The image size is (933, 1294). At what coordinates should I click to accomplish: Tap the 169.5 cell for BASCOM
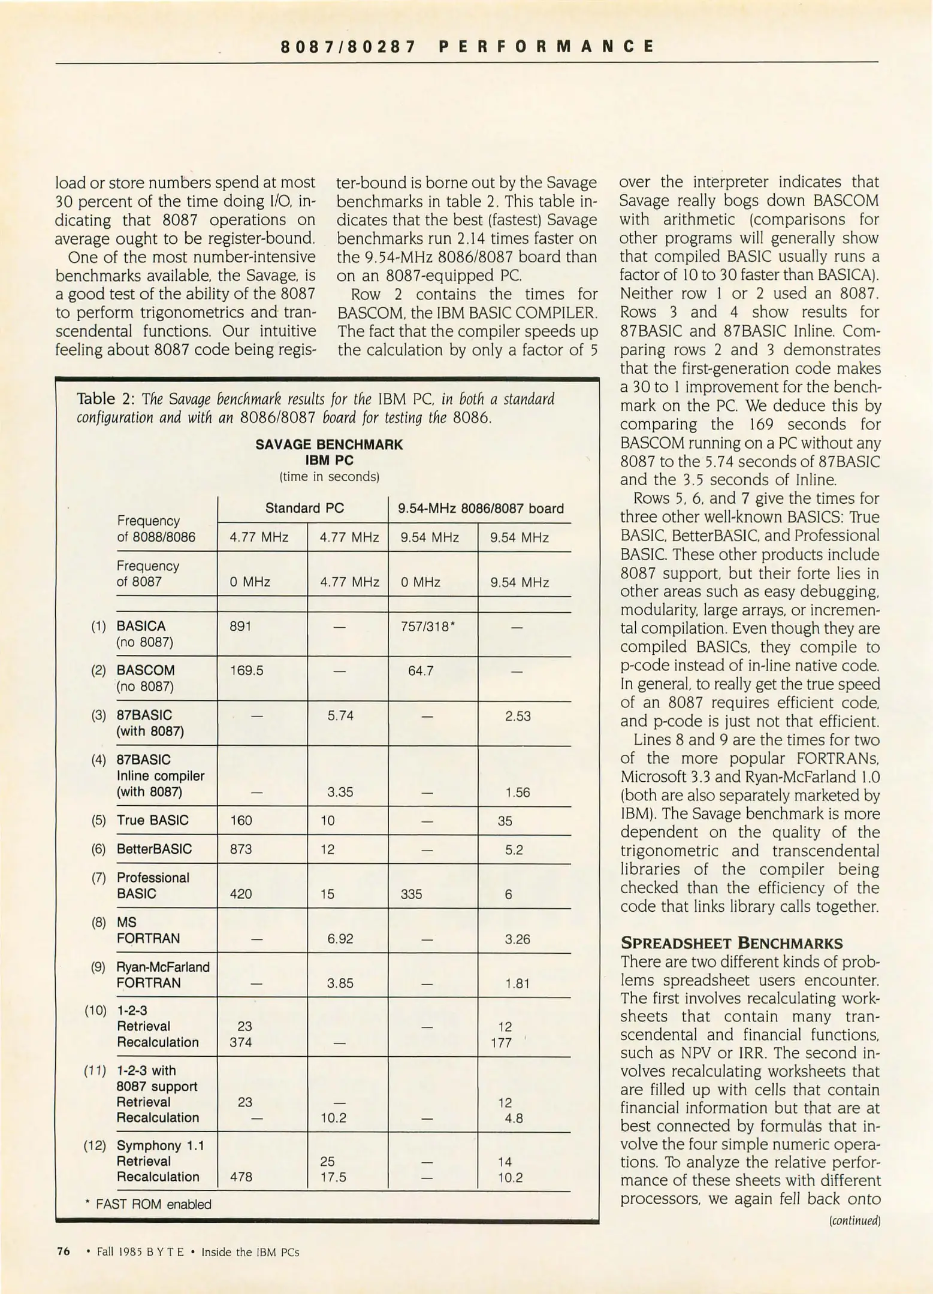pyautogui.click(x=246, y=670)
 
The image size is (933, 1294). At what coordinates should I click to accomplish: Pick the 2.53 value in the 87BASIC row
pyautogui.click(x=517, y=716)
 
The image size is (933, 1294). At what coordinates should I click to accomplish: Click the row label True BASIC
pyautogui.click(x=152, y=820)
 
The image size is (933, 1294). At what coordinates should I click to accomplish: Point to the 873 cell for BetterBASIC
pyautogui.click(x=241, y=849)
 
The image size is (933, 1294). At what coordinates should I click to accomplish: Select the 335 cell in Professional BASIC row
pyautogui.click(x=411, y=894)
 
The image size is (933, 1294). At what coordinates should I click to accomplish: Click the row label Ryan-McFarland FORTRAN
pyautogui.click(x=162, y=975)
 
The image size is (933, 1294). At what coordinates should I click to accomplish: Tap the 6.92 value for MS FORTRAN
pyautogui.click(x=340, y=939)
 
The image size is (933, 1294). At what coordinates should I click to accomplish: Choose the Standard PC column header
pyautogui.click(x=304, y=509)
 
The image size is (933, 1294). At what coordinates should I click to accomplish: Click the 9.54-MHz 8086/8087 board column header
pyautogui.click(x=481, y=509)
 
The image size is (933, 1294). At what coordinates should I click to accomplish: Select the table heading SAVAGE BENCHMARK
pyautogui.click(x=329, y=445)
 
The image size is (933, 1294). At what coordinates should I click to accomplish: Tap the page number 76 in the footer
pyautogui.click(x=63, y=1251)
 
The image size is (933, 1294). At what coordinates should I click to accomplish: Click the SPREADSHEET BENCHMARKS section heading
pyautogui.click(x=731, y=943)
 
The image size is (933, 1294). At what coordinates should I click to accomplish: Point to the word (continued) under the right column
pyautogui.click(x=855, y=1220)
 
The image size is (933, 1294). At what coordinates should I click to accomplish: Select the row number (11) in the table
pyautogui.click(x=95, y=1071)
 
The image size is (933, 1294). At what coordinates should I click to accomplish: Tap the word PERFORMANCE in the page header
pyautogui.click(x=546, y=46)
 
